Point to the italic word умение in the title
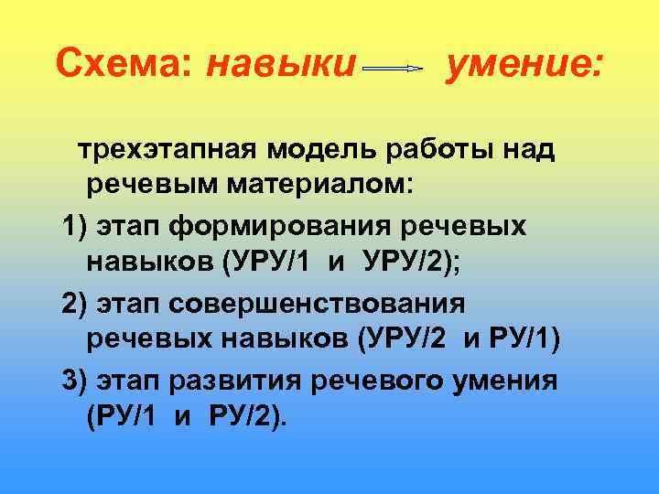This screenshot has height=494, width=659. coord(522,64)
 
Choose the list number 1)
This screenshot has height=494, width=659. coord(78,225)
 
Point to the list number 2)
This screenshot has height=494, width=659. coord(78,302)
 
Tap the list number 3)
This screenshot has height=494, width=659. coord(78,379)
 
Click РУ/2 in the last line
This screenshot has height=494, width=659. coord(242,417)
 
